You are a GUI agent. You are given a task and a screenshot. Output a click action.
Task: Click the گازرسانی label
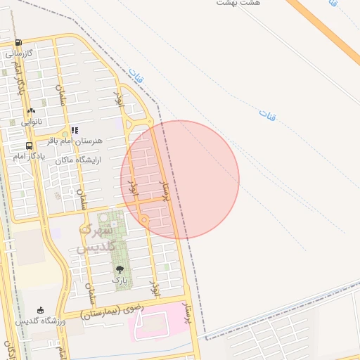tap(21, 53)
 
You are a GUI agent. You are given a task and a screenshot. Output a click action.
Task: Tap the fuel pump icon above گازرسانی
tap(18, 42)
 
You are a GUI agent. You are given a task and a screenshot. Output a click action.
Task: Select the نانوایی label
tap(31, 122)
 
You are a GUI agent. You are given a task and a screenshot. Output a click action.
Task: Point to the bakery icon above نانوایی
tap(31, 110)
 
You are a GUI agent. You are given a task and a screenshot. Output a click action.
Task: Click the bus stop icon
tap(29, 146)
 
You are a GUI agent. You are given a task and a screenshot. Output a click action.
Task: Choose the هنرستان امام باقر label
tap(79, 141)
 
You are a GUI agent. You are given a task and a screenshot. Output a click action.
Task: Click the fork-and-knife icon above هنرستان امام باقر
tap(75, 130)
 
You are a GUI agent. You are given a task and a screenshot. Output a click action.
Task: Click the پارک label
tap(120, 280)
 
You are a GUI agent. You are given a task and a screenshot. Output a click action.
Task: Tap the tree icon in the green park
tap(119, 269)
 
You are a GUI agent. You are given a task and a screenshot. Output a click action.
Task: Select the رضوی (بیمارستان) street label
tap(112, 309)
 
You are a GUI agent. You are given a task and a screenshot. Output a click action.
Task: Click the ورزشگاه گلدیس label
tap(41, 321)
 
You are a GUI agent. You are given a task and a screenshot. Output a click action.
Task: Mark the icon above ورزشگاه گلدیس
tap(40, 310)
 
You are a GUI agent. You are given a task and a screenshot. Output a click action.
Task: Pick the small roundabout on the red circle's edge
tap(145, 221)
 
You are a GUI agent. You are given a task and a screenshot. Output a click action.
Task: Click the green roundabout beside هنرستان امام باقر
tap(65, 134)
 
